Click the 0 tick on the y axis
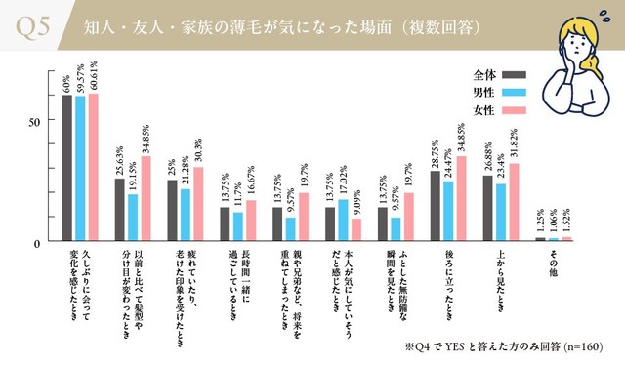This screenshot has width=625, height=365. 36,242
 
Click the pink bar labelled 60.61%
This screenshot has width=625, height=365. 93,167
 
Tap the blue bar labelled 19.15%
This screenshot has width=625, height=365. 133,218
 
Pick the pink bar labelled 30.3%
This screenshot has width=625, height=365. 198,204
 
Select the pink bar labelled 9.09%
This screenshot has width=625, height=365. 355,230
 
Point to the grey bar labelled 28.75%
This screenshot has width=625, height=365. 435,206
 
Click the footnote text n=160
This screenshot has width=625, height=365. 580,346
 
